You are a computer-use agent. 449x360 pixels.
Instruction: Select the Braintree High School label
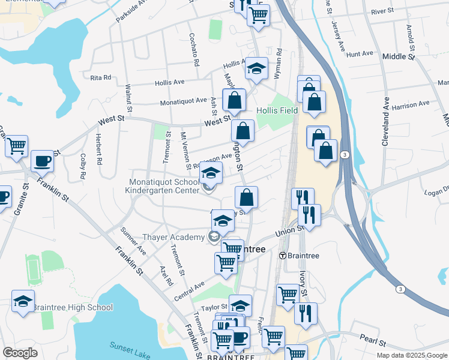72,307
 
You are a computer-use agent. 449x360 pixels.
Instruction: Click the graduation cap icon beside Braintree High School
23,301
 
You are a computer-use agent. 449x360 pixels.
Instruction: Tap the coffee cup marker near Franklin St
41,161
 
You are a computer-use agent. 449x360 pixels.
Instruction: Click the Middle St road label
399,56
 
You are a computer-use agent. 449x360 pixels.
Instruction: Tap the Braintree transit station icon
283,255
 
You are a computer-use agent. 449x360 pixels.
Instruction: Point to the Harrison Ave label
411,104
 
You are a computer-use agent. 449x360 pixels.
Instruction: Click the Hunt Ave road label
360,54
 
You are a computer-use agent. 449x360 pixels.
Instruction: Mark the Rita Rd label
100,77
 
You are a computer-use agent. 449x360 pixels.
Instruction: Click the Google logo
20,352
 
